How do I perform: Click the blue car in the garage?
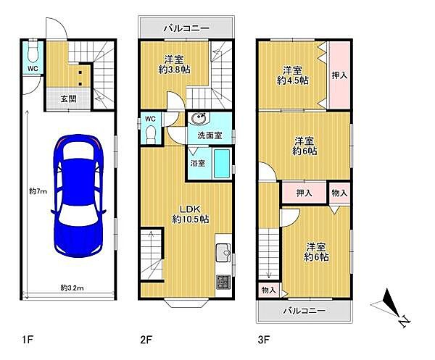coord(78,196)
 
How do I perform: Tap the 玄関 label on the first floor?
coord(69,99)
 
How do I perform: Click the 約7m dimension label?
coord(38,191)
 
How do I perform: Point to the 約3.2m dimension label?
coord(72,288)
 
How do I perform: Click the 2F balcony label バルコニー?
coord(186,28)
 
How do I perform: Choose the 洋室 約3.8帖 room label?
coord(174,64)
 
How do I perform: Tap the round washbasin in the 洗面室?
coord(199,119)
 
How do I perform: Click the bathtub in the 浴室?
coord(222,164)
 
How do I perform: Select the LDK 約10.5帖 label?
coord(190,214)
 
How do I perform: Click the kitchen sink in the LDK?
coord(223,252)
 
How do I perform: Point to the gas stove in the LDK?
coord(223,282)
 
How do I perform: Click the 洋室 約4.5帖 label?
coord(293,75)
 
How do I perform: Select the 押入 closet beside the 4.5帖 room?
coord(339,75)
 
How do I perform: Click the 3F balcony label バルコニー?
coord(304,311)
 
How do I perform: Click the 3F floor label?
coord(264,340)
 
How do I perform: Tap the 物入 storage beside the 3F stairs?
coord(269,290)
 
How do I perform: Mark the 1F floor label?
coord(28,340)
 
